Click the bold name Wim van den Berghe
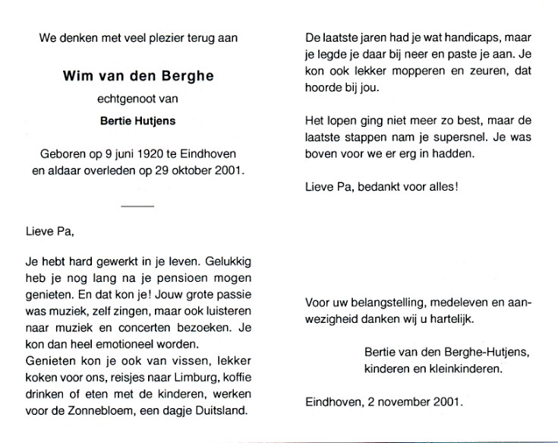pyautogui.click(x=137, y=77)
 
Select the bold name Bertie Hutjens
pyautogui.click(x=137, y=119)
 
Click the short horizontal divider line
pyautogui.click(x=137, y=205)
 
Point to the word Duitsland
pyautogui.click(x=224, y=411)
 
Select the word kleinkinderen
pyautogui.click(x=466, y=369)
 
